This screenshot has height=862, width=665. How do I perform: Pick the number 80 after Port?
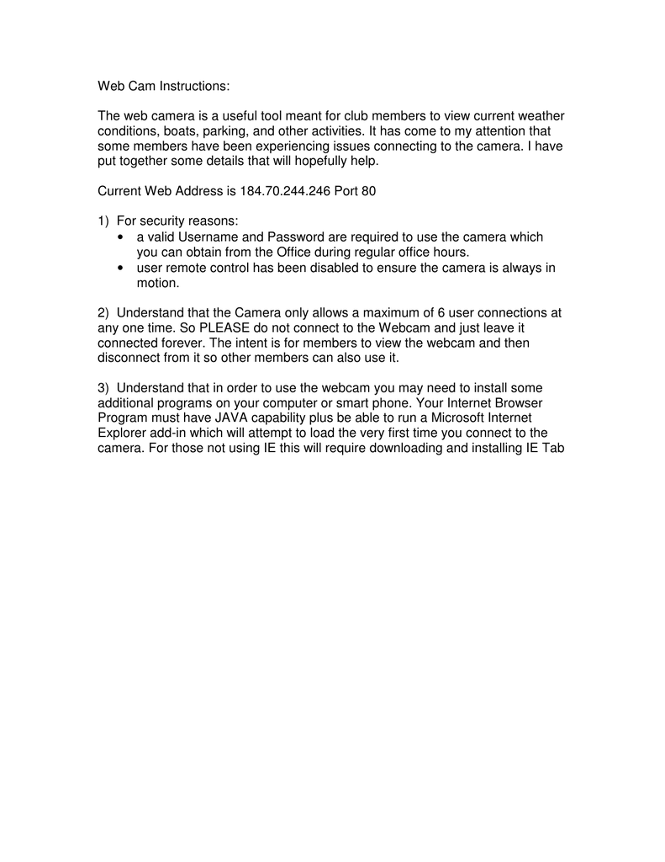[368, 191]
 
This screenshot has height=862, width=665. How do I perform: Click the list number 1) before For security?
[103, 221]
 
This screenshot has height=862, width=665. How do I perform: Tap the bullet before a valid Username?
[122, 237]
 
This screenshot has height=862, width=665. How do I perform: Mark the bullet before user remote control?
[122, 268]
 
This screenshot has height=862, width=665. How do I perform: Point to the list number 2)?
[103, 313]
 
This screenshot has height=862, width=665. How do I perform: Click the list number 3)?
[103, 388]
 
